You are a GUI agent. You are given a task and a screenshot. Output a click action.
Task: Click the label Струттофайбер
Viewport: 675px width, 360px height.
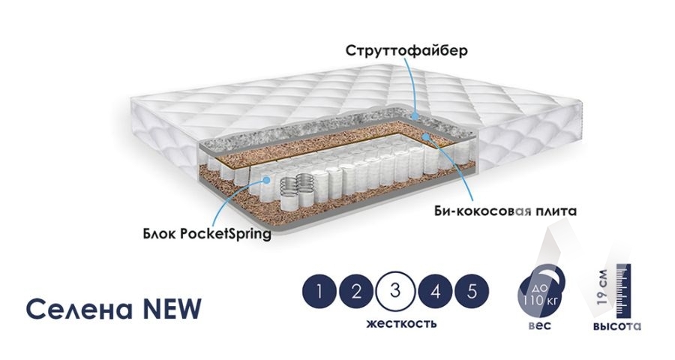(x=407, y=51)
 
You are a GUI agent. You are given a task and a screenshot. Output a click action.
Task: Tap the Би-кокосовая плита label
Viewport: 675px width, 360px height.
(x=506, y=211)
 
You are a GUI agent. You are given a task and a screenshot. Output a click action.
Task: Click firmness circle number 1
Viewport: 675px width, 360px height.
(x=320, y=292)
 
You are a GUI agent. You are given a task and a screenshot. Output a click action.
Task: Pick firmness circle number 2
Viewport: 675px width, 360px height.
(x=357, y=292)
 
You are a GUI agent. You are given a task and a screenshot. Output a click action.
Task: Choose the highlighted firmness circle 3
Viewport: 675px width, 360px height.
(x=396, y=292)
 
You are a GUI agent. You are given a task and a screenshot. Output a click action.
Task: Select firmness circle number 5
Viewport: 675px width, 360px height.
(x=472, y=292)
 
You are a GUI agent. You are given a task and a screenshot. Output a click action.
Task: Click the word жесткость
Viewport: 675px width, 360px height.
(x=401, y=323)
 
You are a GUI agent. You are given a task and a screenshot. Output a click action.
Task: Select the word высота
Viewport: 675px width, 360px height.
(x=616, y=326)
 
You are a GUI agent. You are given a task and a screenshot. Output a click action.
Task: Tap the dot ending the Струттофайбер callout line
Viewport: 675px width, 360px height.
(x=417, y=115)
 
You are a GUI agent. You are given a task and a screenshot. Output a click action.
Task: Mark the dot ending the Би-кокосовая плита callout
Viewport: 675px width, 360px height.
(x=425, y=137)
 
